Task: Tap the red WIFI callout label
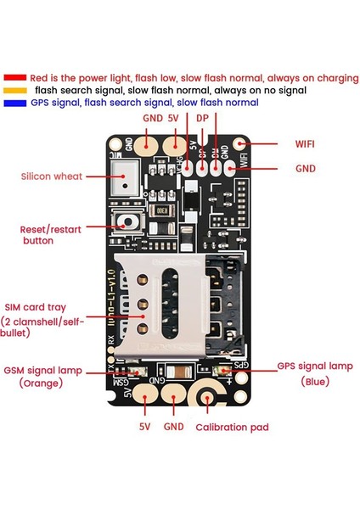pyautogui.click(x=307, y=144)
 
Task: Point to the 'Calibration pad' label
pyautogui.click(x=232, y=428)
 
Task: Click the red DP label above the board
pyautogui.click(x=203, y=119)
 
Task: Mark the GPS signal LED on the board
pyautogui.click(x=223, y=371)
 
